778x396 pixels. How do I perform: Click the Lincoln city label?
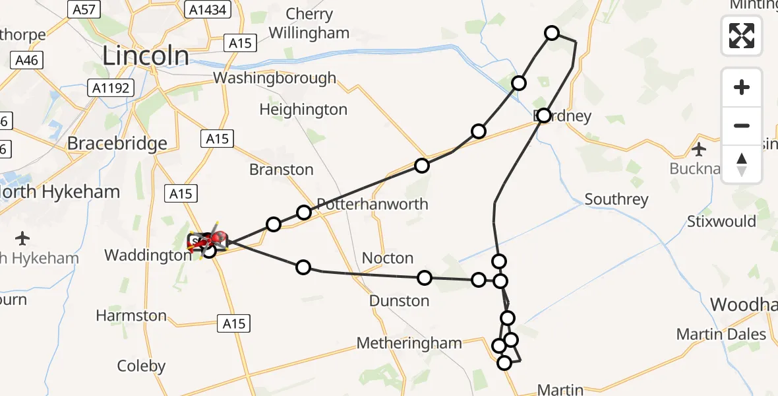pos(145,56)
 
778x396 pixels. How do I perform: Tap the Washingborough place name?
pos(274,79)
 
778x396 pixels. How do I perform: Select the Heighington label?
pos(303,110)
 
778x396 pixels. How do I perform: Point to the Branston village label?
pos(282,170)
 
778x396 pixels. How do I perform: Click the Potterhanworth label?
pos(373,204)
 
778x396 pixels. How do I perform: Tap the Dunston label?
pos(400,301)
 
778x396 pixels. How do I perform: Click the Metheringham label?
pos(409,343)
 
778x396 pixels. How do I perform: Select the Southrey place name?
pos(616,199)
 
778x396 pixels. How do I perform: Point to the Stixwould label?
pos(721,221)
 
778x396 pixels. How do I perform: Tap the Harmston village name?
pos(131,315)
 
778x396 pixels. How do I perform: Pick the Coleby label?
pos(141,366)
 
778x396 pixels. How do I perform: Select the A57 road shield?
pos(82,9)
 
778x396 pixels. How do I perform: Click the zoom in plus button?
pos(742,87)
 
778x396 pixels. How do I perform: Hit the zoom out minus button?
pos(742,125)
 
